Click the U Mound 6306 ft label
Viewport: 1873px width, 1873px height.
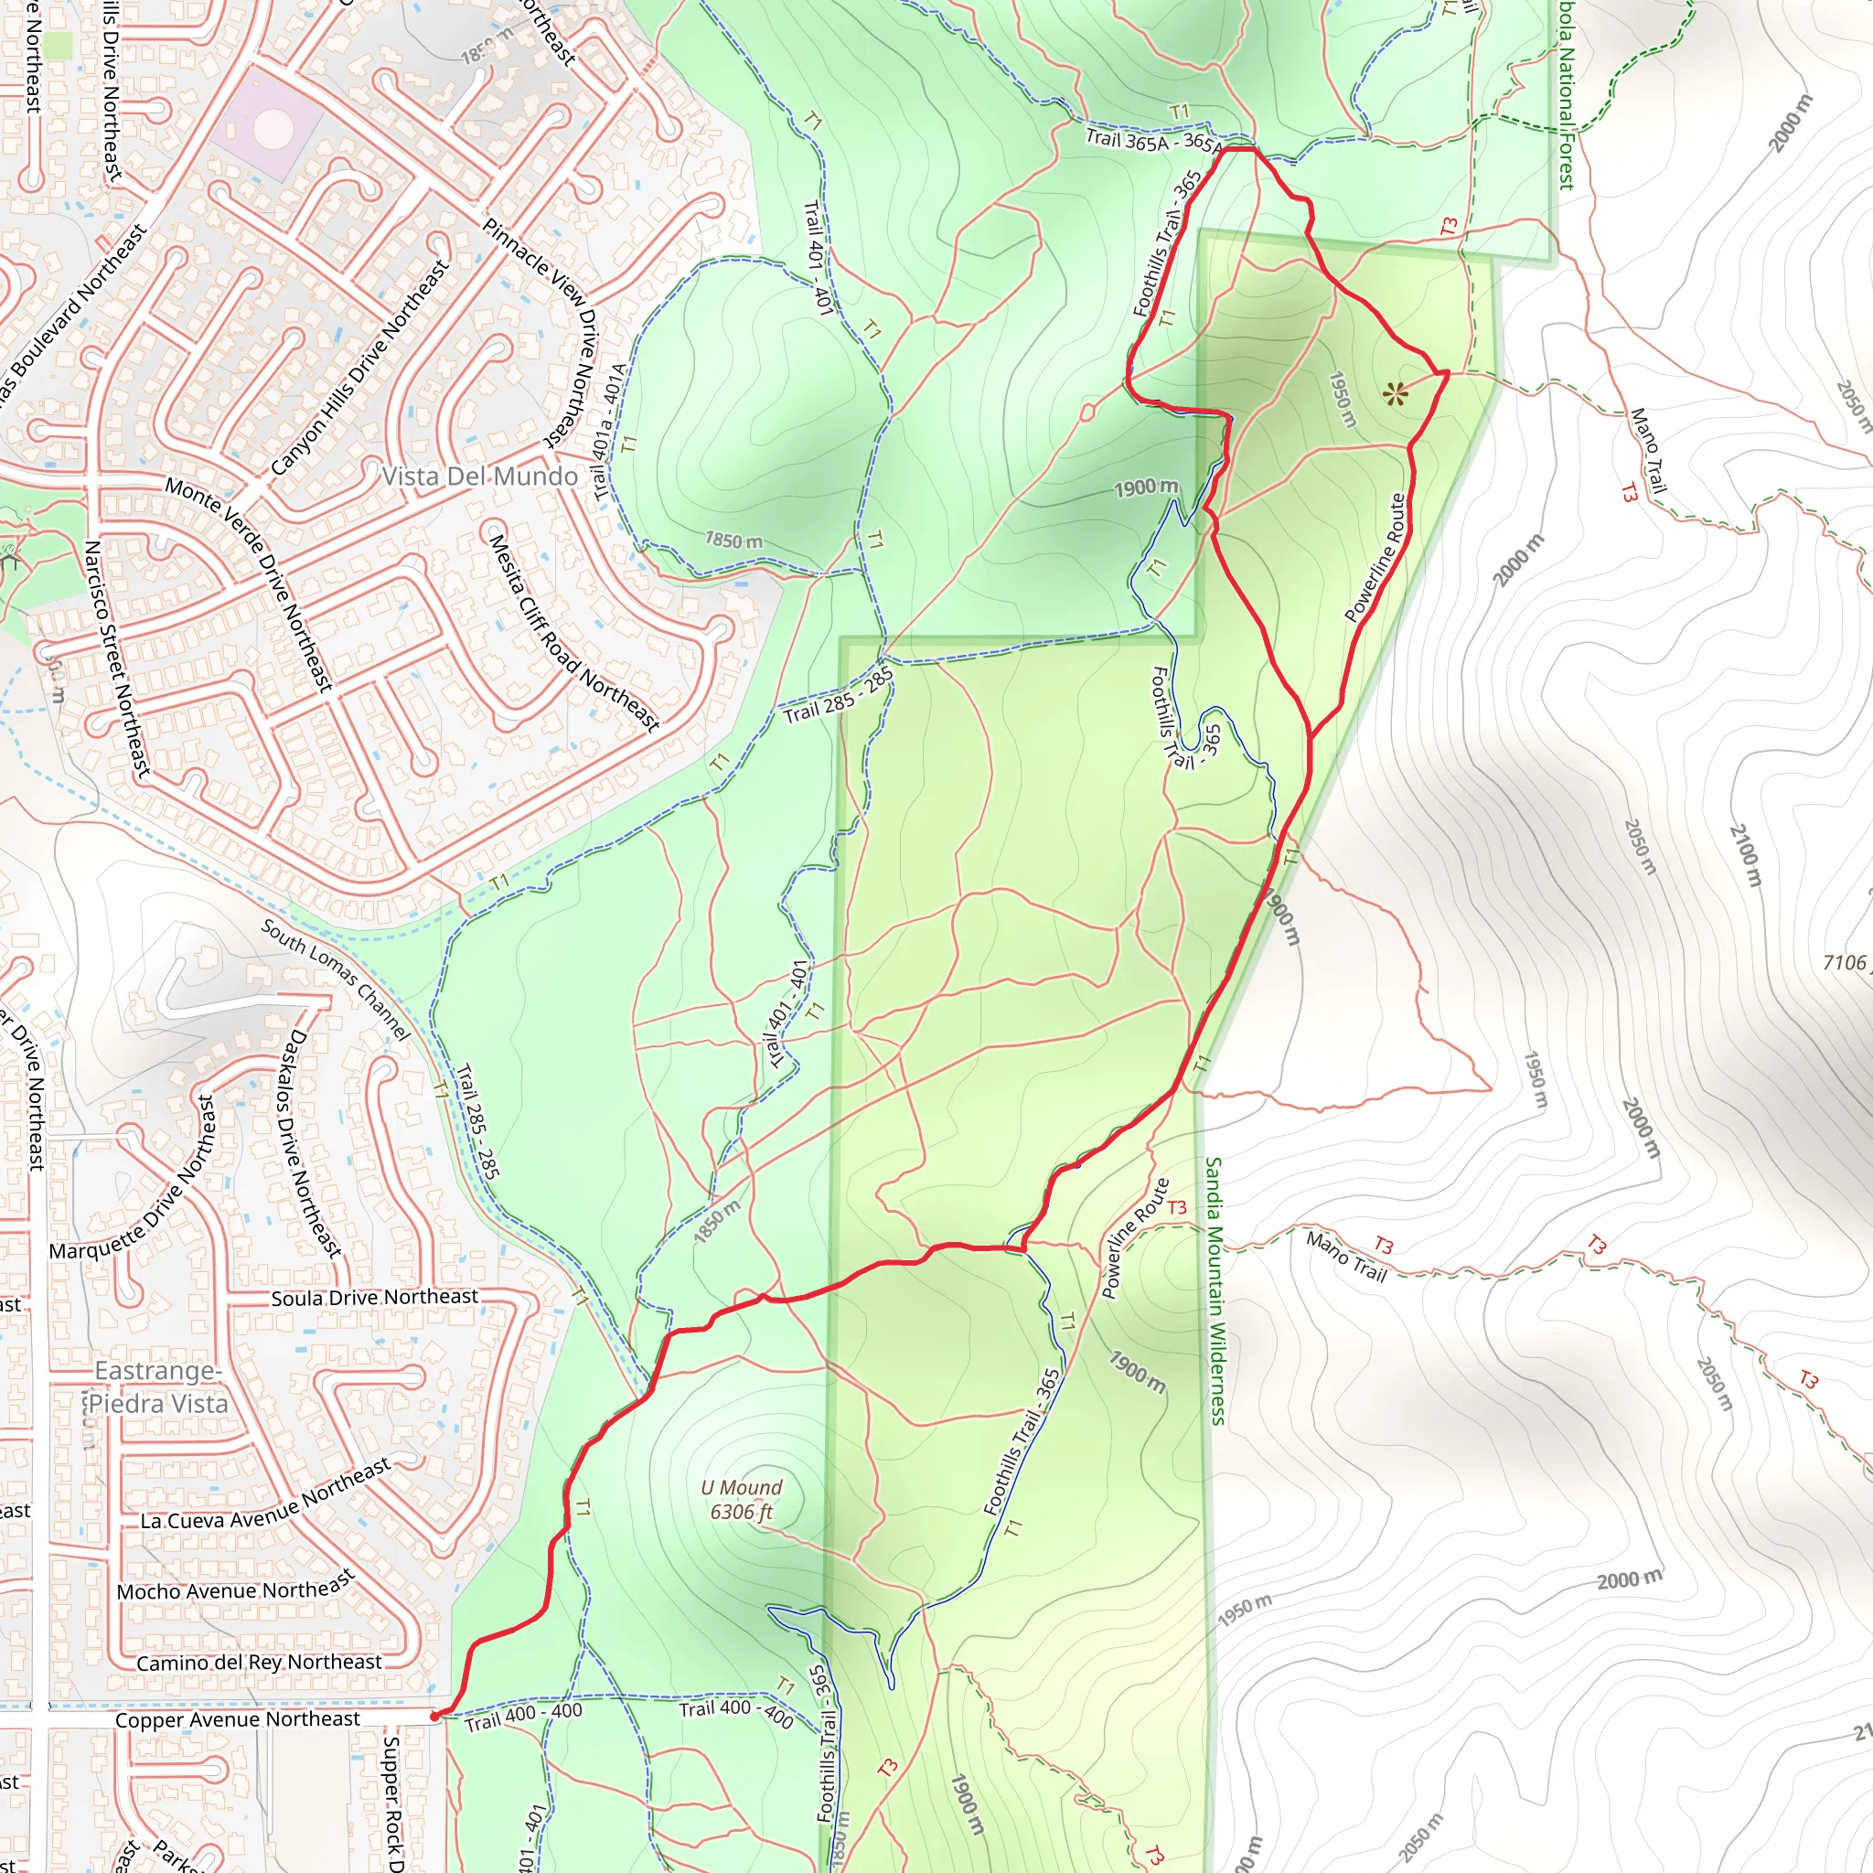click(x=742, y=1499)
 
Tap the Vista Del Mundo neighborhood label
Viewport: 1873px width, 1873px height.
click(x=480, y=476)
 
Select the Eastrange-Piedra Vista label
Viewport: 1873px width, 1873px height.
click(x=159, y=1387)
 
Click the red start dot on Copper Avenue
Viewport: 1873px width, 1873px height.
click(x=434, y=1716)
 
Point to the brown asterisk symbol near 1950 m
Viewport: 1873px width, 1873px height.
click(x=1395, y=393)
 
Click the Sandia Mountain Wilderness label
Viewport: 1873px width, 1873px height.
click(x=1215, y=1290)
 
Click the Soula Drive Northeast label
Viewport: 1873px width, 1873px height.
click(x=374, y=1297)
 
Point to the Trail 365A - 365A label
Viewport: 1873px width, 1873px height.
click(x=1152, y=142)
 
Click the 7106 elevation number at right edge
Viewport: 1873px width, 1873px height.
click(x=1844, y=963)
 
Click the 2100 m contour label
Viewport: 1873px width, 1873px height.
click(x=1745, y=856)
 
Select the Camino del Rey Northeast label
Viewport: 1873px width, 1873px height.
click(x=259, y=1663)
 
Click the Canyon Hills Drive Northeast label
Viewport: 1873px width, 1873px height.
click(x=359, y=368)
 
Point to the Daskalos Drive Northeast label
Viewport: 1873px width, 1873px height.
click(x=310, y=1143)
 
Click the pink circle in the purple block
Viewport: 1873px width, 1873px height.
click(x=272, y=126)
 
